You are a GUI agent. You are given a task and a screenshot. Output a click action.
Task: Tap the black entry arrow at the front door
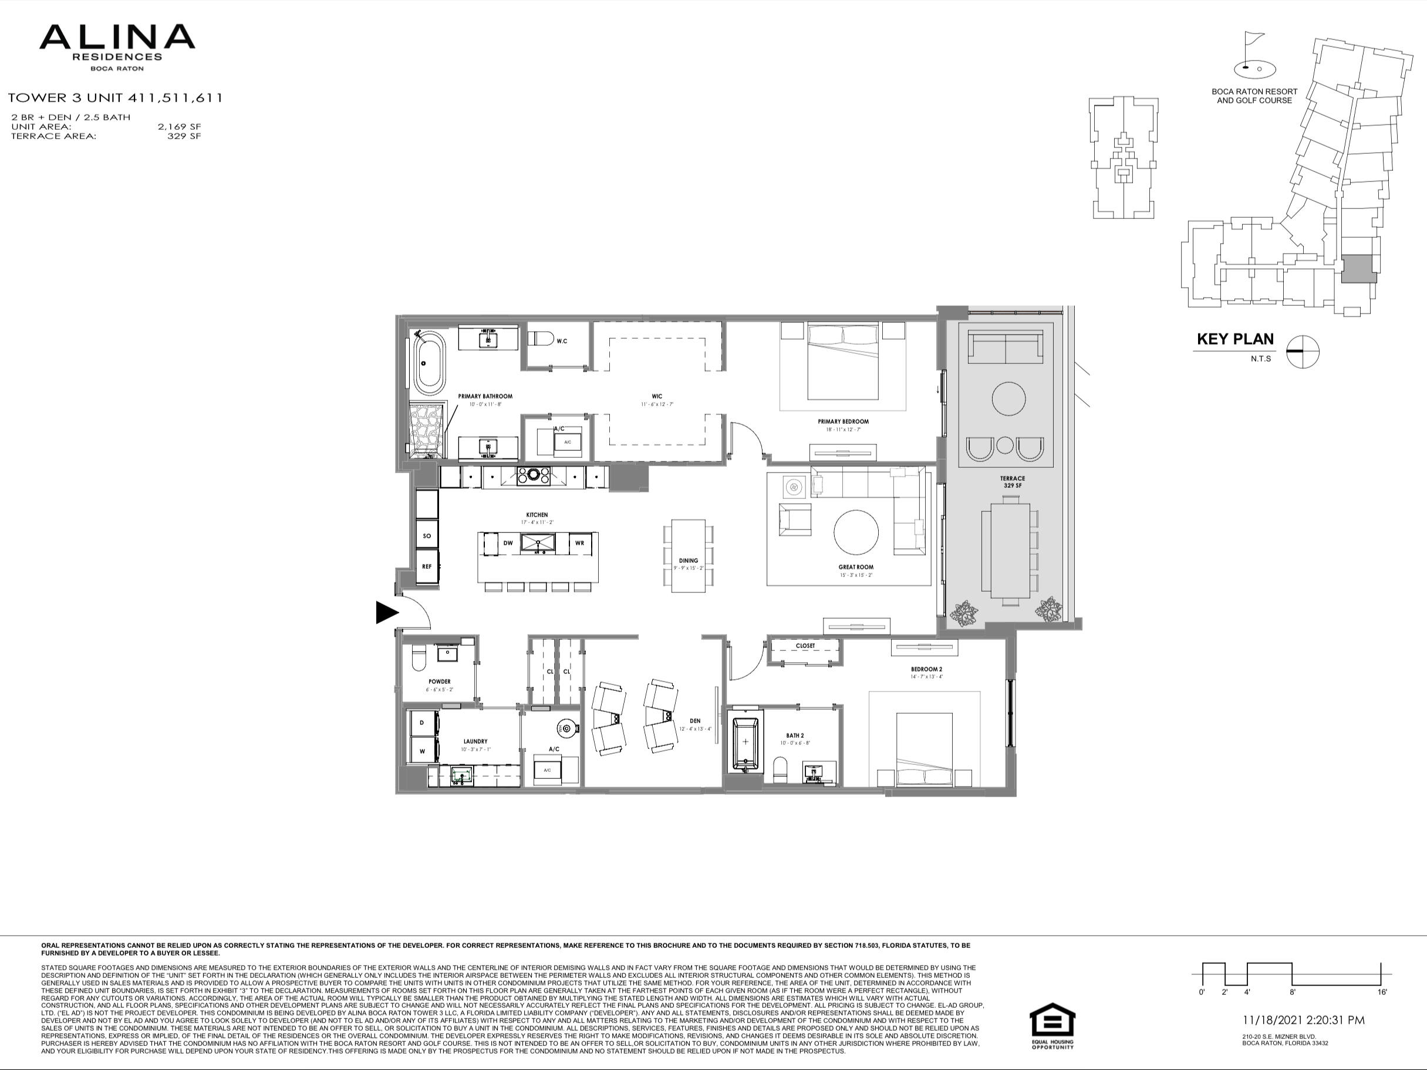point(386,612)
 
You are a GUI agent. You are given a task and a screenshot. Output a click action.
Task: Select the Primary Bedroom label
point(842,422)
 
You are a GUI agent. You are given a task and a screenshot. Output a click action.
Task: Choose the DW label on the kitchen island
point(508,543)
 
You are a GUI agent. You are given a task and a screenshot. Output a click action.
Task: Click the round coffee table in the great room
point(855,533)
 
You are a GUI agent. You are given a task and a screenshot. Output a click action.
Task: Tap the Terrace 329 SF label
point(1012,482)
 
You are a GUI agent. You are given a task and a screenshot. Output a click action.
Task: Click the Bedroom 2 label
point(926,670)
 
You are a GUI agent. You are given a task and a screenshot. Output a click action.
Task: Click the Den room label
point(694,721)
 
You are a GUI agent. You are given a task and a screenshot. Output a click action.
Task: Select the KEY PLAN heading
point(1234,339)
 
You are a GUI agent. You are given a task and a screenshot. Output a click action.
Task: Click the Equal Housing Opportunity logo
point(1051,1026)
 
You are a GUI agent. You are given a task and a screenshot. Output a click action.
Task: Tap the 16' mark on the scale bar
point(1382,992)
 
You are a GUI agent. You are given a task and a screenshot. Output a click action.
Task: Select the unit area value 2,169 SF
point(180,127)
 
